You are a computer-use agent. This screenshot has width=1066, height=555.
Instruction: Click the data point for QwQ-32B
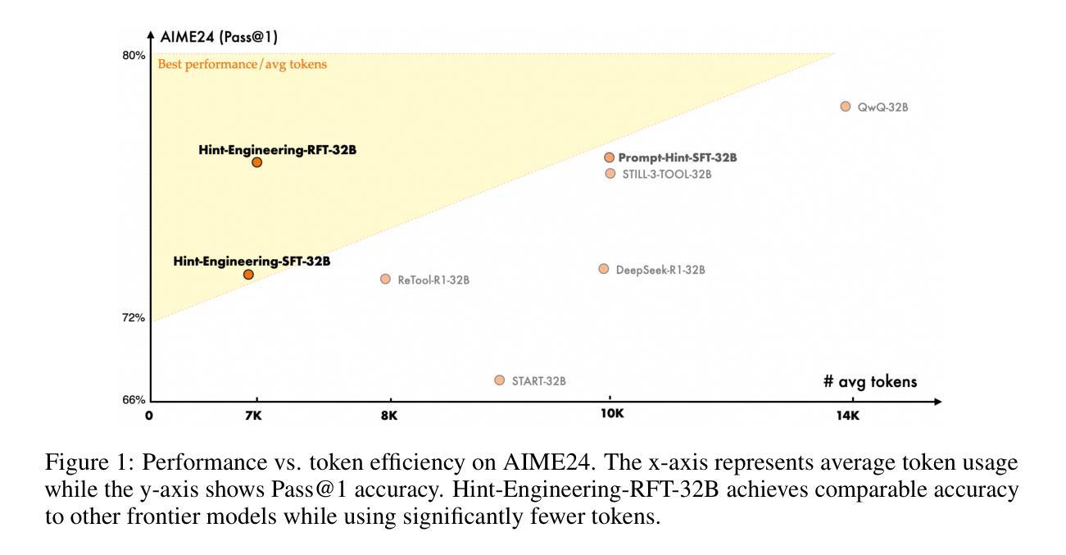[x=846, y=107]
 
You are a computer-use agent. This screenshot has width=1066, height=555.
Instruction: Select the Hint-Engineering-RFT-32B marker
[x=256, y=162]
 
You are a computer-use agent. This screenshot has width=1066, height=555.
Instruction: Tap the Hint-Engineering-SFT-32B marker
[x=248, y=275]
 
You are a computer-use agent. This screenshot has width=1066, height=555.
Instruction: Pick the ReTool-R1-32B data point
[x=385, y=279]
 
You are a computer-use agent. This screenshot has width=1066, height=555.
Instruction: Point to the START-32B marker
[x=500, y=380]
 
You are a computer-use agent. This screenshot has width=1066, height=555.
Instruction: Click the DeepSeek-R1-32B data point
[x=604, y=269]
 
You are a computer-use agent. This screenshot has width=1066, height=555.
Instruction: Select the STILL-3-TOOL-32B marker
[x=610, y=173]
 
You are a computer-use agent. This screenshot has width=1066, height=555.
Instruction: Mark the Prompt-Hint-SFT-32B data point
[x=609, y=157]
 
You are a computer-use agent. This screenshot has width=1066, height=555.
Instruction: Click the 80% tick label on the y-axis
[x=134, y=56]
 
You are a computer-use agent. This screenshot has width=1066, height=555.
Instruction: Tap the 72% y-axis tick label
[x=134, y=318]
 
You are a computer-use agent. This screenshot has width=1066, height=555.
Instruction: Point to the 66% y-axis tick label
[x=134, y=400]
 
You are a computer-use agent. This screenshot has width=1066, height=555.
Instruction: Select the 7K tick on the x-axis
[x=253, y=416]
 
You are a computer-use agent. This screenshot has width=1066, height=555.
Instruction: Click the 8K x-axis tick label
[x=388, y=416]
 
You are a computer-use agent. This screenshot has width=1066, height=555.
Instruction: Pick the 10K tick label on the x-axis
[x=612, y=414]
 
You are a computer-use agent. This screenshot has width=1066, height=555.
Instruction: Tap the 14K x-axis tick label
[x=847, y=416]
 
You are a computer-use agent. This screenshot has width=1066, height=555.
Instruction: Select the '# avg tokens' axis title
[x=870, y=381]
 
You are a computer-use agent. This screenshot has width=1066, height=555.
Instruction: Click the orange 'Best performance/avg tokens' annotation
[x=243, y=65]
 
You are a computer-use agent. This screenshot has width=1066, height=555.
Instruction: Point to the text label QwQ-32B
[x=882, y=107]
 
